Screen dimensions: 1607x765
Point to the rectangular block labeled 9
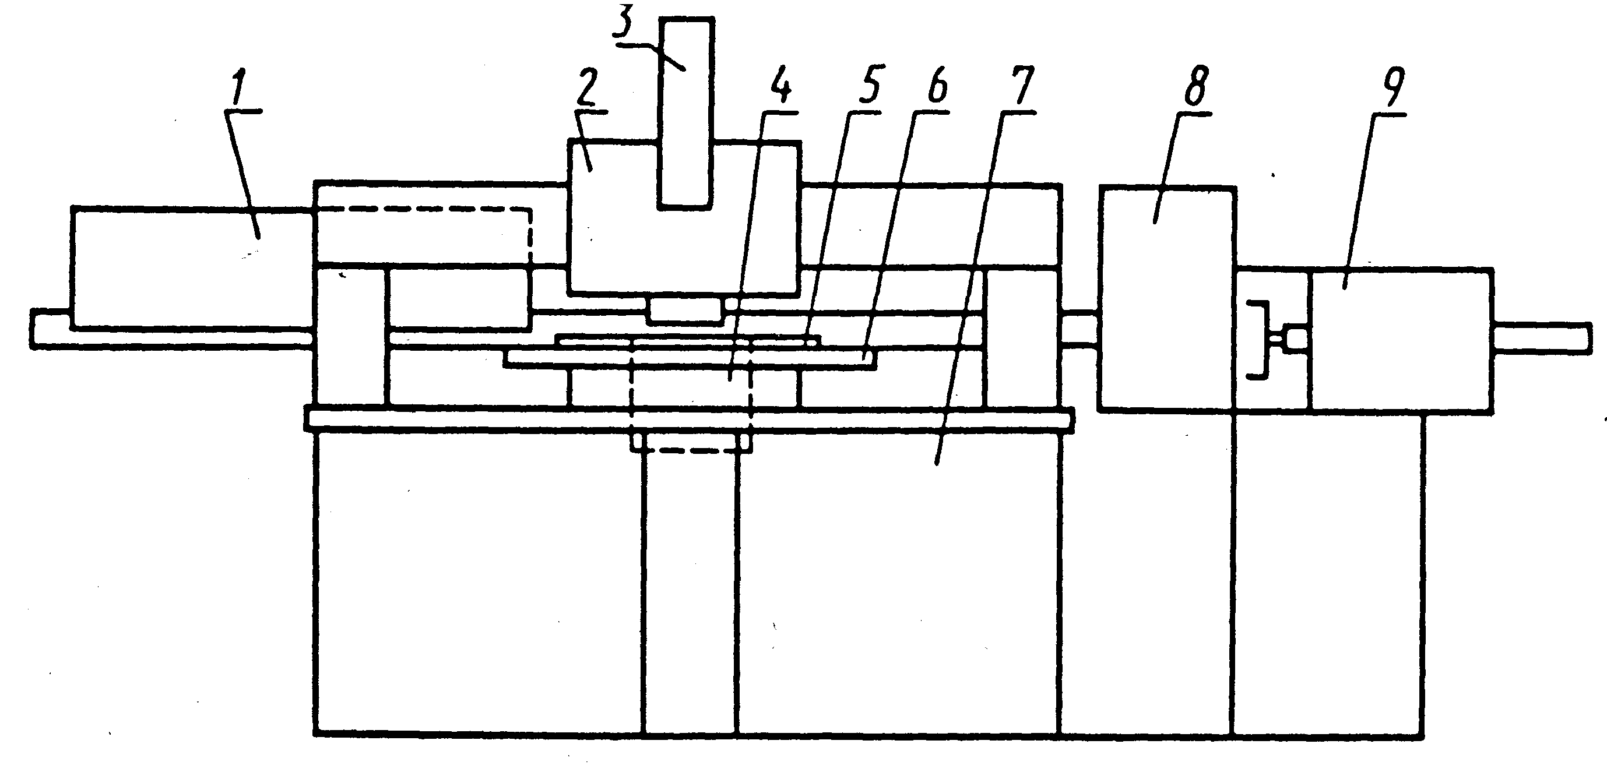point(1401,340)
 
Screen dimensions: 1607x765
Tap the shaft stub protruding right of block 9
point(1541,339)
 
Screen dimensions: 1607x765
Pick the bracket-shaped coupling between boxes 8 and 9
point(1259,340)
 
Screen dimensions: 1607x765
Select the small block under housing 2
point(685,311)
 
